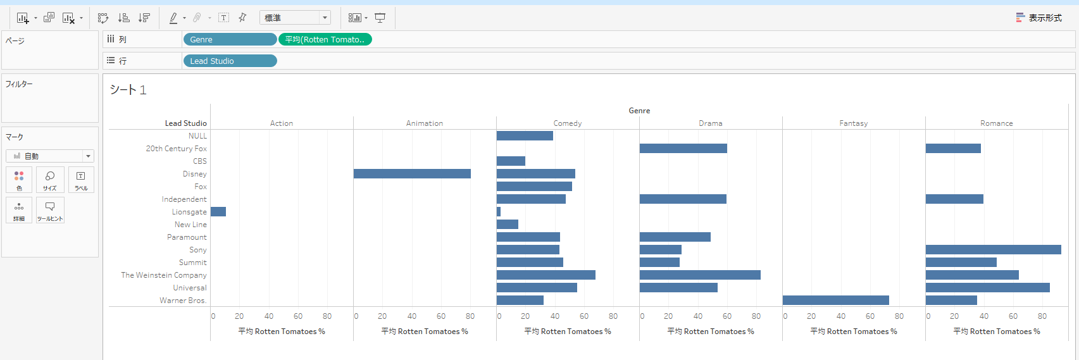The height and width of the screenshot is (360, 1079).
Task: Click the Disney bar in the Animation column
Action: [x=412, y=174]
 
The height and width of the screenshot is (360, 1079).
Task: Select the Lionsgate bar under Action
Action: [x=218, y=212]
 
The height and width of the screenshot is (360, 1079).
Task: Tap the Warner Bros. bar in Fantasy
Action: [x=835, y=301]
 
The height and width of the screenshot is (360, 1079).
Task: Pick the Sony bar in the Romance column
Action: [x=993, y=250]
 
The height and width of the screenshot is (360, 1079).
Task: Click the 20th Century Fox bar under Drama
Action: [x=683, y=149]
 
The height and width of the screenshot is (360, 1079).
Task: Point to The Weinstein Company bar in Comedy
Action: [x=546, y=275]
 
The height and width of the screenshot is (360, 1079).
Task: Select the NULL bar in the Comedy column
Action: [x=525, y=136]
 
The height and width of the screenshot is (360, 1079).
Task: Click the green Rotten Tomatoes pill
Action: [x=325, y=39]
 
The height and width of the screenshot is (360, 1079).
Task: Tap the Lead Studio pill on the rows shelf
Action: [x=230, y=61]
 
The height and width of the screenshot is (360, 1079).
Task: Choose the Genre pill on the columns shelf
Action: [x=230, y=39]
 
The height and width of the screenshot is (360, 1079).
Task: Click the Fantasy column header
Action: [x=853, y=123]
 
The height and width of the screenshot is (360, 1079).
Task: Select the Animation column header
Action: [x=424, y=123]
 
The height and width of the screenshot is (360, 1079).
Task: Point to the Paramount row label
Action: [x=187, y=237]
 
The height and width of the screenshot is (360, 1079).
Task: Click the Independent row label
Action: [x=184, y=199]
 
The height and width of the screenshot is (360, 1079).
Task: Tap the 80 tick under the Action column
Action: [x=327, y=316]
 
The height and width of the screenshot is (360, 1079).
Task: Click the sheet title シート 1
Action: [x=128, y=90]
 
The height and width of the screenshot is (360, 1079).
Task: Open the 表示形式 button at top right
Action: [x=1039, y=18]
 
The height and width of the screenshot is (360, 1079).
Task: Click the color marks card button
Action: [x=19, y=180]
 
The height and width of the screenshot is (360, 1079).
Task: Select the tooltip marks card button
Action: [x=50, y=210]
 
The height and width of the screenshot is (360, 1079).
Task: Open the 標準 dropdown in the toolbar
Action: [x=295, y=18]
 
